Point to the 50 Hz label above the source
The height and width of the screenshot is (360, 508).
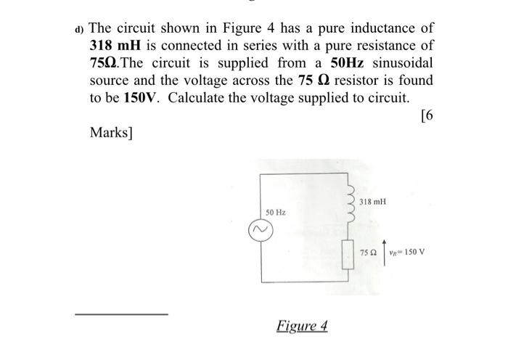pos(275,213)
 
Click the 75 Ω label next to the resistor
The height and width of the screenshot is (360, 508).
pos(369,253)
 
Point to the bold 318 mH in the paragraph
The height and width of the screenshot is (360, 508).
pos(109,46)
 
